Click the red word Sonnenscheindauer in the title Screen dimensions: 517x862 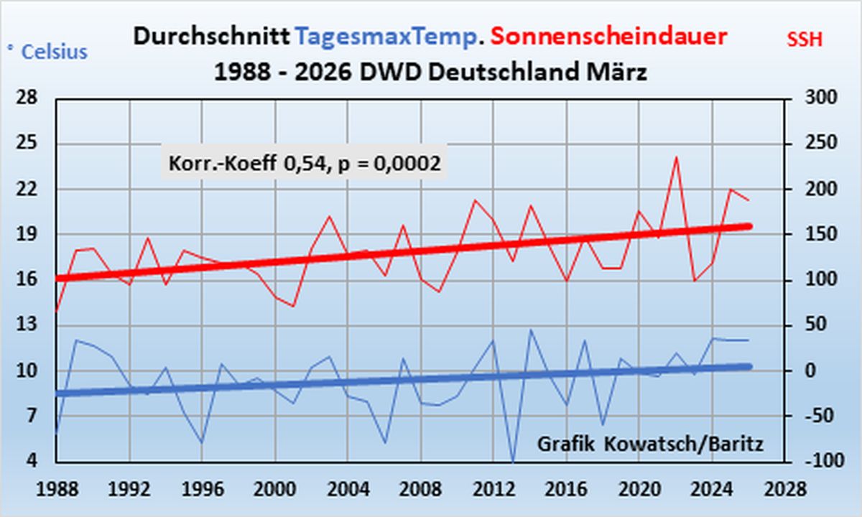[x=609, y=37]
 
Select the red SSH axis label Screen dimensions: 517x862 [x=805, y=40]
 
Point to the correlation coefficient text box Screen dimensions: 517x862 [x=304, y=164]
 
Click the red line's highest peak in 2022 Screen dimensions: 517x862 [x=676, y=157]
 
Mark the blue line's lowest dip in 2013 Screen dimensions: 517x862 [x=513, y=460]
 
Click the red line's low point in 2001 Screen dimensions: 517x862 [x=293, y=306]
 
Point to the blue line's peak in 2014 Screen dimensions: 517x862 [x=531, y=330]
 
